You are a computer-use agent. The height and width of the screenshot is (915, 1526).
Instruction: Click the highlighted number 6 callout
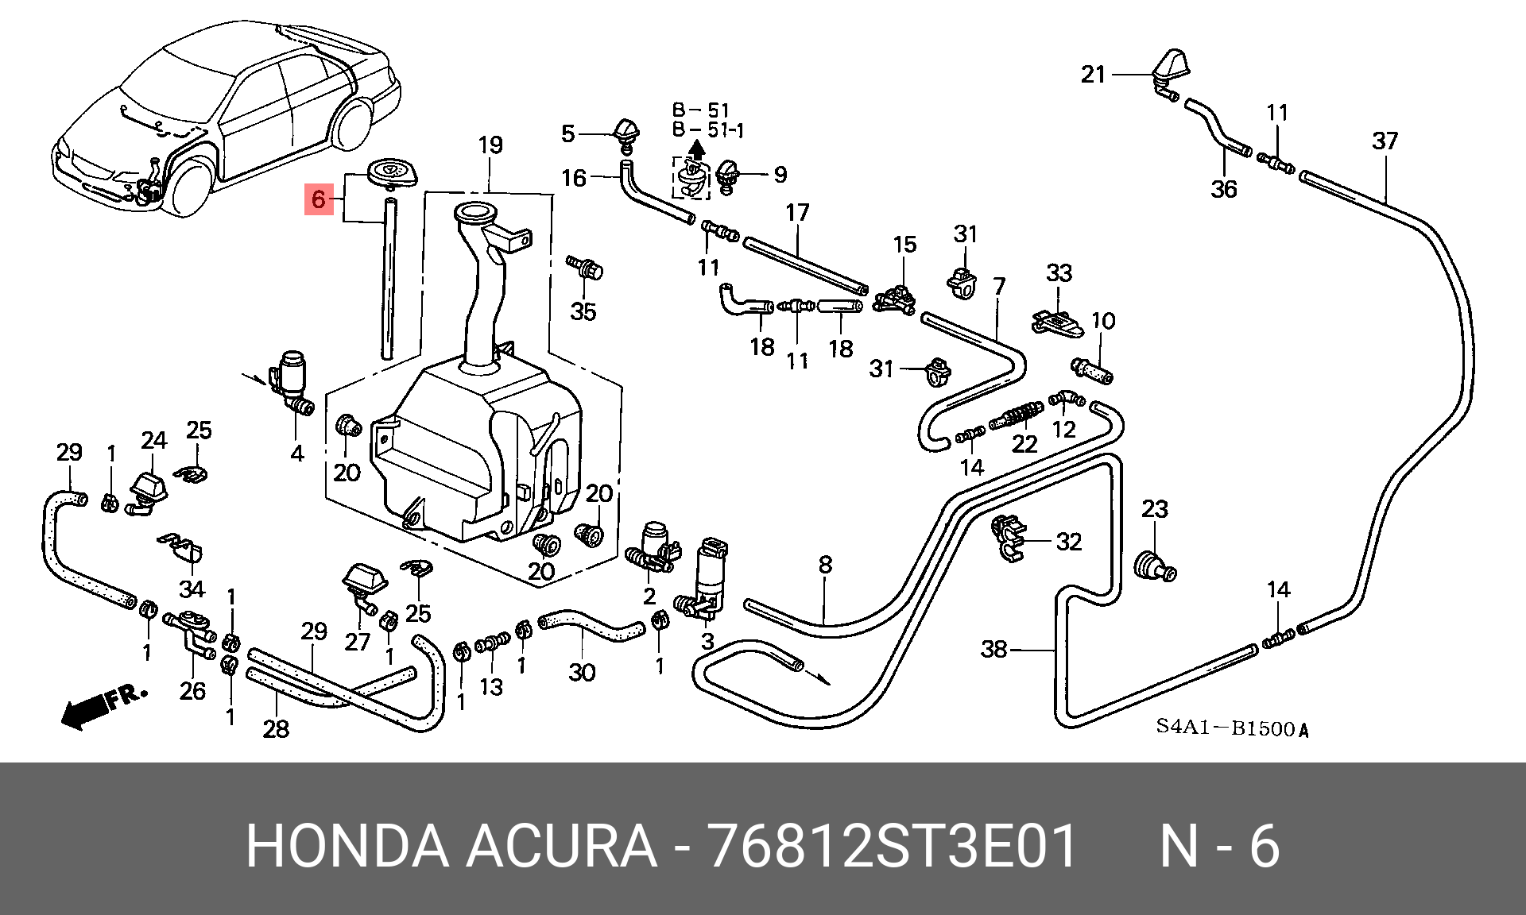coord(319,199)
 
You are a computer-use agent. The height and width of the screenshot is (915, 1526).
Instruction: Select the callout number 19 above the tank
coord(490,145)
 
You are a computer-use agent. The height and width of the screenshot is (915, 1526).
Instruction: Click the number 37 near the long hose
coord(1385,141)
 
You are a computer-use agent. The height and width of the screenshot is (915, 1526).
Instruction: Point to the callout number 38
coord(994,649)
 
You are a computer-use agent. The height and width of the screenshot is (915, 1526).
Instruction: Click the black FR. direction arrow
coord(86,710)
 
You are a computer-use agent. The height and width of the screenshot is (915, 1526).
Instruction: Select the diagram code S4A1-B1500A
coord(1231,728)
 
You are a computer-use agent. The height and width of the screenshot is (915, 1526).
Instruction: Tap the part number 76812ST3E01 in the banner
coord(892,846)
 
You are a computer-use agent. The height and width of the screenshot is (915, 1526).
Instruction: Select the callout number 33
coord(1059,273)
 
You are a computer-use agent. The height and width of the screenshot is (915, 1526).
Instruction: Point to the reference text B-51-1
coord(707,130)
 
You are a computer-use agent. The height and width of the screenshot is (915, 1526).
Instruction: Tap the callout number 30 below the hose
coord(582,673)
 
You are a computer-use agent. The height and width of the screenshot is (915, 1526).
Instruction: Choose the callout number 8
coord(825,565)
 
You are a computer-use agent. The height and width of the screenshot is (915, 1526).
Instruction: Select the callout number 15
coord(904,245)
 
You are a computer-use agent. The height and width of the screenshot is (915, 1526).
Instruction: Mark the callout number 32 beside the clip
coord(1069,542)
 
